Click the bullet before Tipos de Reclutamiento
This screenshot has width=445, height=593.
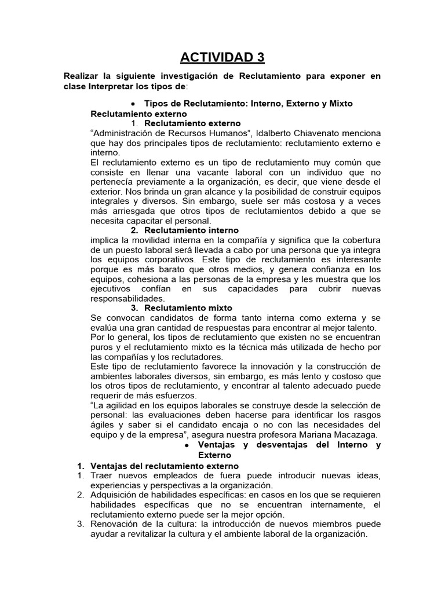click(x=134, y=104)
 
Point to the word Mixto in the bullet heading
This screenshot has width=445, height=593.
click(x=340, y=104)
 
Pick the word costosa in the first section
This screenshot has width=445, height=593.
click(x=306, y=202)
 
